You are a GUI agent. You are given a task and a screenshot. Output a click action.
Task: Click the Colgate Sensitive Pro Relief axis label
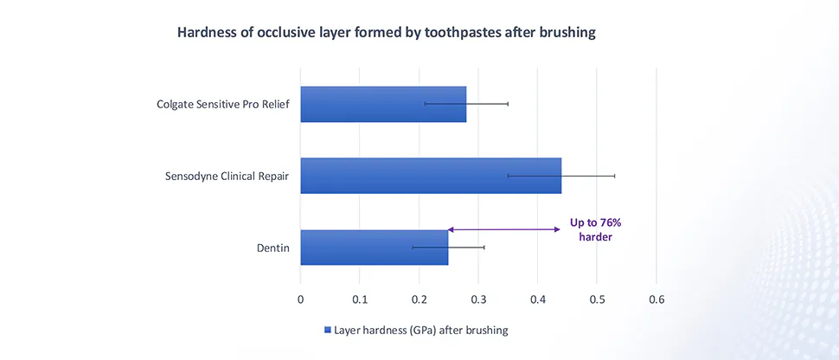click(x=222, y=105)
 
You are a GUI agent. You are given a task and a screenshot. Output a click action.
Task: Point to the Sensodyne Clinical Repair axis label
click(x=227, y=177)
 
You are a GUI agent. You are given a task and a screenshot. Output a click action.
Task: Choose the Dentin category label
click(x=272, y=248)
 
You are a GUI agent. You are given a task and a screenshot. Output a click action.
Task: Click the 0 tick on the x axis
click(x=300, y=300)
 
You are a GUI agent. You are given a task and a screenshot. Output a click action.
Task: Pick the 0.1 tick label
click(x=360, y=300)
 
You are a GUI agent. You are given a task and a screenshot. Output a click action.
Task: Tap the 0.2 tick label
click(x=419, y=300)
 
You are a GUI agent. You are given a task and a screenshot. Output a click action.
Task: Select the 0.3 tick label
click(x=478, y=300)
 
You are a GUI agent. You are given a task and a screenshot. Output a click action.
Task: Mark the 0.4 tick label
click(x=537, y=300)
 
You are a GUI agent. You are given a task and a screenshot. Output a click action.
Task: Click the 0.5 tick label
click(x=597, y=300)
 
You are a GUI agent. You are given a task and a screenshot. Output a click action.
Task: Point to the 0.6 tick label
click(x=656, y=300)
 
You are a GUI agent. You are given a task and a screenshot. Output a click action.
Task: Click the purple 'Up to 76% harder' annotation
click(x=595, y=229)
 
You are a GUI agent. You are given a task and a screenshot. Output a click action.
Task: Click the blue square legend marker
click(x=327, y=331)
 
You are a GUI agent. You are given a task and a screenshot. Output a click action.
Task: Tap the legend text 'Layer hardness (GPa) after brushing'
click(x=421, y=331)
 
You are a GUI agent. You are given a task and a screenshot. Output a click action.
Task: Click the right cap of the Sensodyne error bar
click(x=615, y=176)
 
